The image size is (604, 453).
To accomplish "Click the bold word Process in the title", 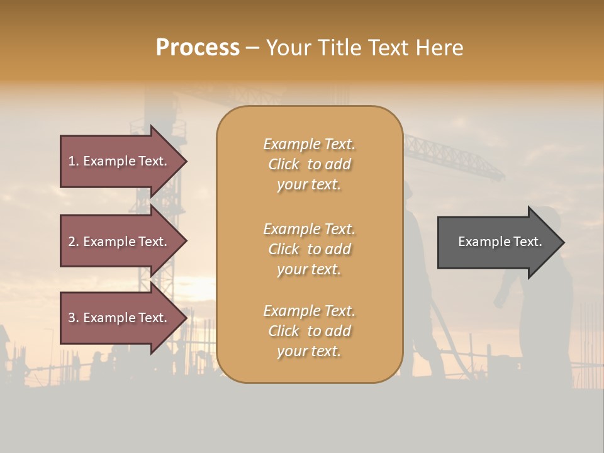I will pos(198,47).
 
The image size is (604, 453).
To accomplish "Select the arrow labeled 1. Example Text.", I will pos(120,161).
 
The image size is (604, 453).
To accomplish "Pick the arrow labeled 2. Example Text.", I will pos(120,242).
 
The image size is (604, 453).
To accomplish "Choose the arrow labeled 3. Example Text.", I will pos(120,318).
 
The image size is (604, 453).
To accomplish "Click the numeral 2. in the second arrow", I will pos(74,242).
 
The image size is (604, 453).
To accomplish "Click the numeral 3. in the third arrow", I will pos(74,318).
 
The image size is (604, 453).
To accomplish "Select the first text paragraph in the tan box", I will pos(309,164).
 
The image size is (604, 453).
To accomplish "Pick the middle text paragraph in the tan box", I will pos(309,249).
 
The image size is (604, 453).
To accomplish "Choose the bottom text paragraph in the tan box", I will pos(309,331).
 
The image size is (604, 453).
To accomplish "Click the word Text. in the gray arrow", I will pos(527,242).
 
